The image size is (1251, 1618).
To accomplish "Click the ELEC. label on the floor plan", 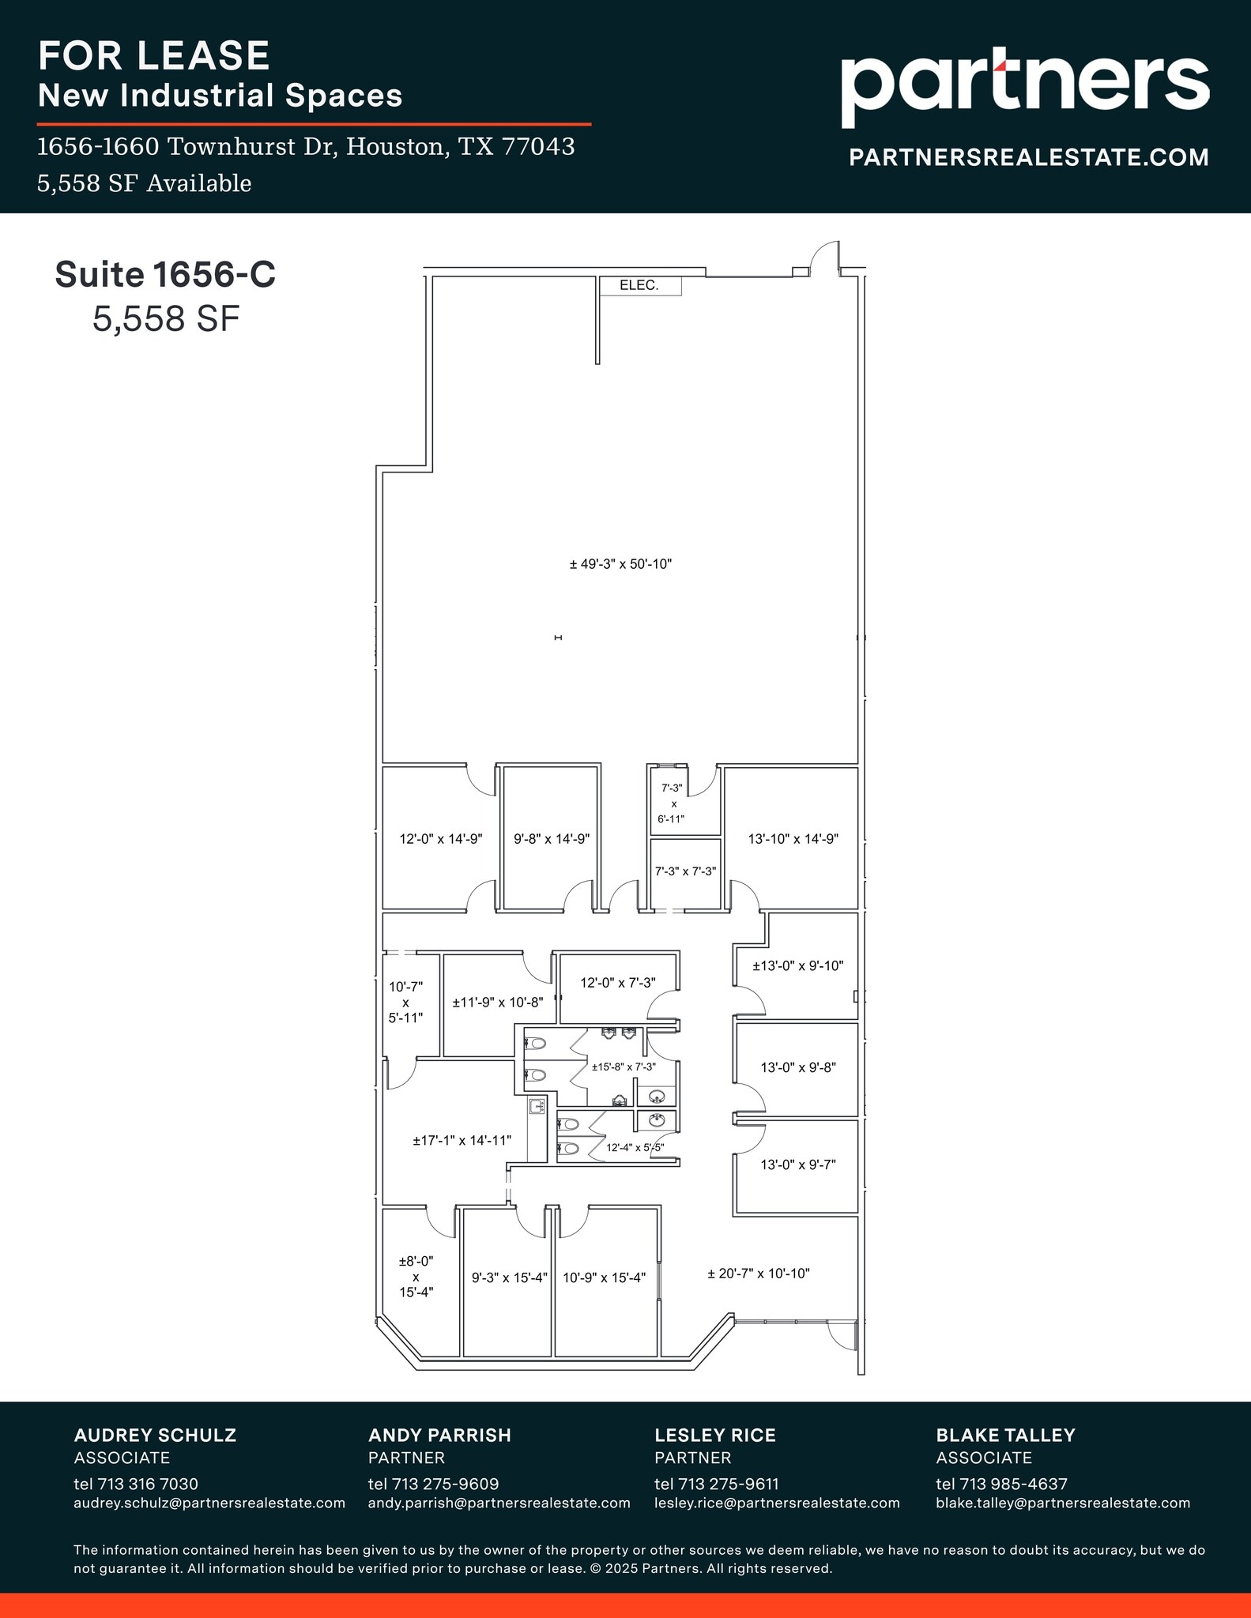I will pyautogui.click(x=639, y=285).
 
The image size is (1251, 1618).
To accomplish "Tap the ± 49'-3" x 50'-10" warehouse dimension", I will pyautogui.click(x=620, y=564).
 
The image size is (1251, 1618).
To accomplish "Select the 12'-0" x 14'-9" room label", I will pyautogui.click(x=441, y=839).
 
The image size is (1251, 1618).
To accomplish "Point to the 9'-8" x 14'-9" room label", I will pyautogui.click(x=552, y=839).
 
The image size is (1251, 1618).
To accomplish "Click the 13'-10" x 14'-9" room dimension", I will pyautogui.click(x=793, y=839).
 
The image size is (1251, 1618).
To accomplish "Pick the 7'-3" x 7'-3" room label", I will pyautogui.click(x=685, y=871).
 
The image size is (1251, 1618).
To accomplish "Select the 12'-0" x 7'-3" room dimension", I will pyautogui.click(x=618, y=983).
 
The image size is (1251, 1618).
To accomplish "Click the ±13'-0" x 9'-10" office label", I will pyautogui.click(x=798, y=965).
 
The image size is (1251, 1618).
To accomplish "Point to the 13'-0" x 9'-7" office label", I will pyautogui.click(x=798, y=1165).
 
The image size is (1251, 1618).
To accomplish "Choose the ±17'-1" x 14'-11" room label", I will pyautogui.click(x=462, y=1140).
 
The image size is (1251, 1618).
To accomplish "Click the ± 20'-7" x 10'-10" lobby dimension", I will pyautogui.click(x=758, y=1274).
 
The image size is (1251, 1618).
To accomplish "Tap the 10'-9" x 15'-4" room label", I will pyautogui.click(x=604, y=1277).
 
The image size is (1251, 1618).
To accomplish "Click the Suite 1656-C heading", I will pyautogui.click(x=165, y=275).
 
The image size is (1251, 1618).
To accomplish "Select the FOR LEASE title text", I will pyautogui.click(x=154, y=56).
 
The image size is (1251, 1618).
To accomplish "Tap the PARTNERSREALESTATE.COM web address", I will pyautogui.click(x=1028, y=157).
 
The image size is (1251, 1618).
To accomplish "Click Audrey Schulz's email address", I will pyautogui.click(x=209, y=1503).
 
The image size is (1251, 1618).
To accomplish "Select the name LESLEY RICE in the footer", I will pyautogui.click(x=714, y=1435).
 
